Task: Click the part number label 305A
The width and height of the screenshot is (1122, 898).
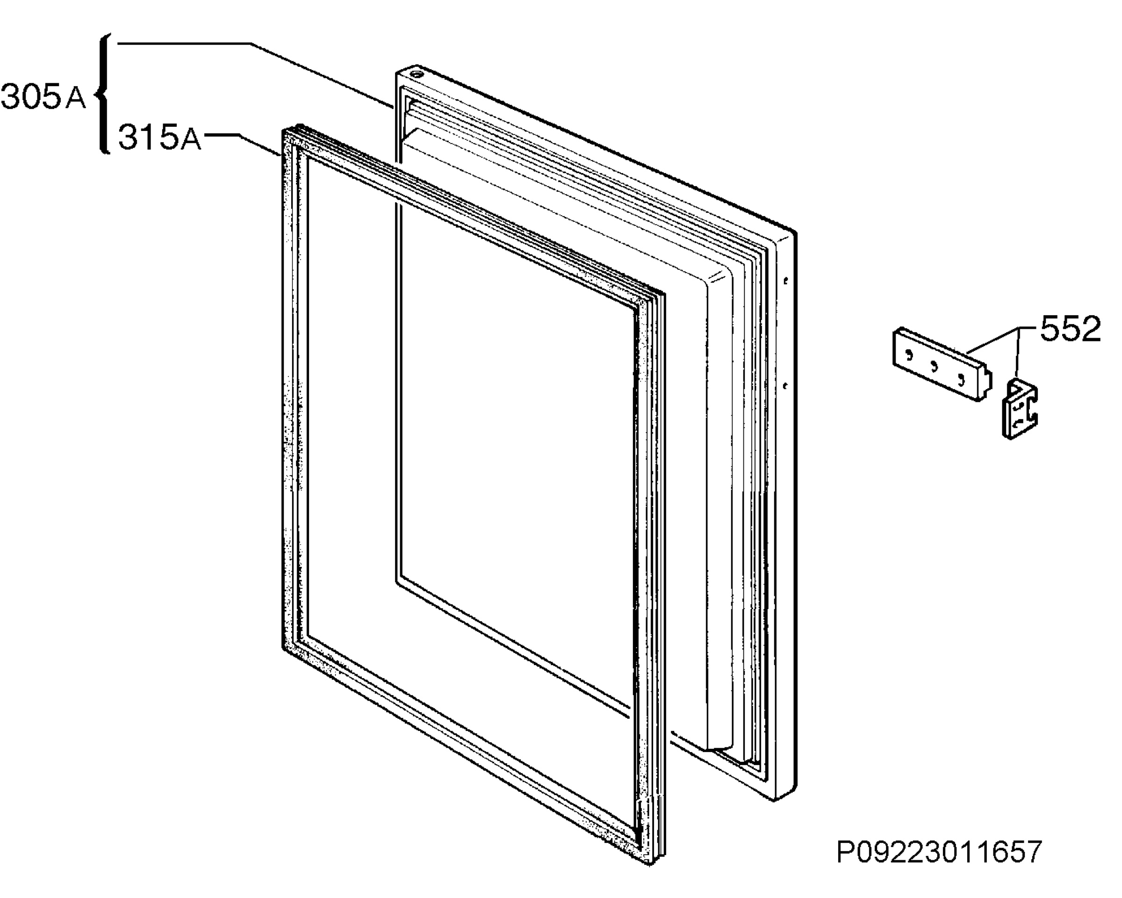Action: pyautogui.click(x=43, y=97)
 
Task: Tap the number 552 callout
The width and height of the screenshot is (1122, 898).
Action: pyautogui.click(x=1071, y=328)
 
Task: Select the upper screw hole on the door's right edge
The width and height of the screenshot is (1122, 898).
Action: pyautogui.click(x=786, y=281)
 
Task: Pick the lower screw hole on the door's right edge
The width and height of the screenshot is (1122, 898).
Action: pyautogui.click(x=786, y=386)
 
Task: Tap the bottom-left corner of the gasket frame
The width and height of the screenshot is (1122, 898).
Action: pyautogui.click(x=284, y=648)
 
